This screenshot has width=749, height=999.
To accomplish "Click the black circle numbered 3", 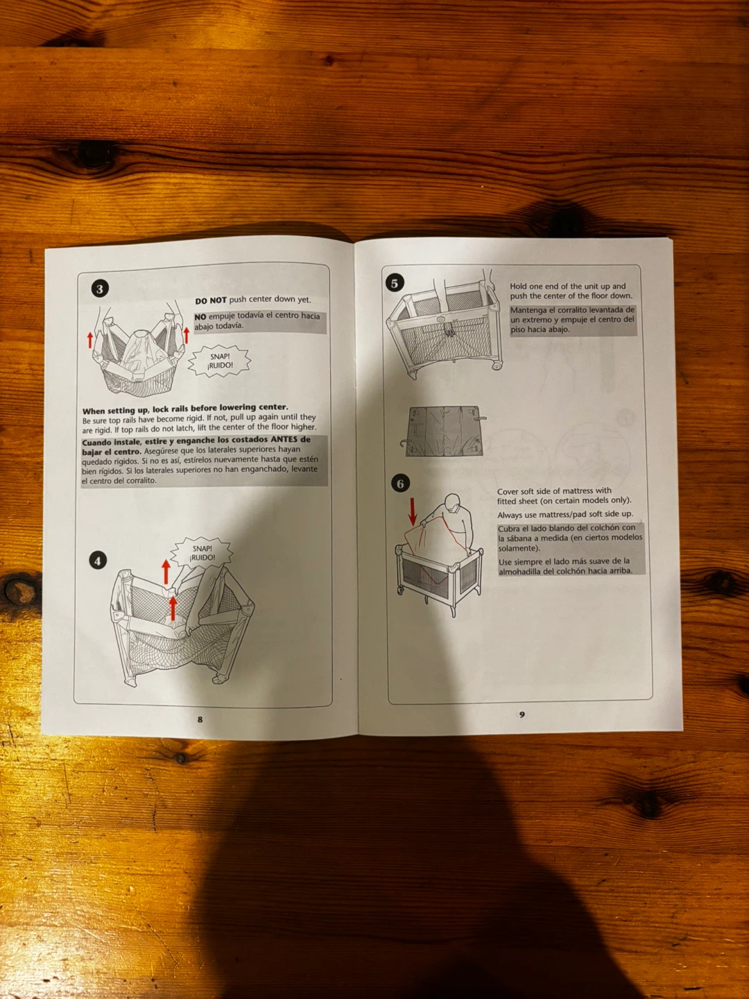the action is click(100, 289).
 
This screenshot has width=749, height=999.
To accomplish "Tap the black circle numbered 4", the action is click(98, 561).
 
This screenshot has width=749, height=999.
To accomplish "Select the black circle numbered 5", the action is click(395, 283).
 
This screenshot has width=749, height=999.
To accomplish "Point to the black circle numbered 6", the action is click(400, 484).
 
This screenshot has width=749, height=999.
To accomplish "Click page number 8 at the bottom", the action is click(200, 719).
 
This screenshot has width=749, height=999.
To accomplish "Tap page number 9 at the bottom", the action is click(522, 715).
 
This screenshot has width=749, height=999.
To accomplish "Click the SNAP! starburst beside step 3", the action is click(220, 361).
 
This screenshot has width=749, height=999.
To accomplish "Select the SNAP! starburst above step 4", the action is click(202, 552).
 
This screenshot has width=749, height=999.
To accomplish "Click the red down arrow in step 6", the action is click(413, 511).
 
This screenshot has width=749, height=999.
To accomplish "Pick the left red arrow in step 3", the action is click(90, 339).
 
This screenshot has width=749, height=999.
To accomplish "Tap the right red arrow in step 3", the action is click(186, 335).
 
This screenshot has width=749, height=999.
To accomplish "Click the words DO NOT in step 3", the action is click(211, 301).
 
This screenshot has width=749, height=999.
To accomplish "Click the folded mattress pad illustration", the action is click(444, 431).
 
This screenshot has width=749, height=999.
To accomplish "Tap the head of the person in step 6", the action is click(452, 503).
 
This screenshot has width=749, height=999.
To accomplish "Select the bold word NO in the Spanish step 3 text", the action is click(200, 317).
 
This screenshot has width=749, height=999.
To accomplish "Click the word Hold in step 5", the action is click(519, 287).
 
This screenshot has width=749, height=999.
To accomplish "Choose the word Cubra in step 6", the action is click(508, 529).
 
